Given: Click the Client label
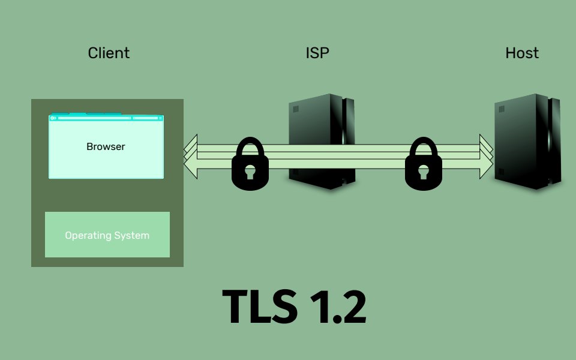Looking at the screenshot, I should coord(109,53).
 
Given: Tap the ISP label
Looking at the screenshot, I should coord(317,53).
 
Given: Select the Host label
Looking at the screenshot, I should coord(522,53).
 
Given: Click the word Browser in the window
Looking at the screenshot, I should coord(106,146).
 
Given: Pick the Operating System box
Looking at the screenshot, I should coord(107,235).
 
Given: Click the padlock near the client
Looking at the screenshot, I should coord(250,168).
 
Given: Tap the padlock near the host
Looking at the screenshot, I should coord(424,168).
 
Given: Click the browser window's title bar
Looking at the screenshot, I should coord(106,118).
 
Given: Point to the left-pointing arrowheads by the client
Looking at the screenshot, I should coord(190,157).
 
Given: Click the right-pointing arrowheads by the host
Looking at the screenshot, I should coord(485,157).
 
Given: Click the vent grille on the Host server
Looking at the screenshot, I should coord(502,109).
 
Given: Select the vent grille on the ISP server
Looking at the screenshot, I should coord(295,109).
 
